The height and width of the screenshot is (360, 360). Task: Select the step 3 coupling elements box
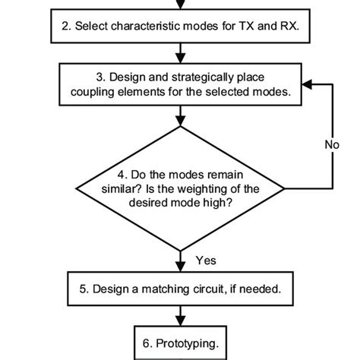(180, 84)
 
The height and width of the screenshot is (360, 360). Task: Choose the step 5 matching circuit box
(180, 289)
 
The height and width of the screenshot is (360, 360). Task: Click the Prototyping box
(180, 343)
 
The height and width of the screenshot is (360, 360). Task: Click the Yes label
(206, 260)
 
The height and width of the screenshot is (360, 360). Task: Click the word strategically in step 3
(202, 77)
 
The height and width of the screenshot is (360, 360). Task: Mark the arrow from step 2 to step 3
(180, 52)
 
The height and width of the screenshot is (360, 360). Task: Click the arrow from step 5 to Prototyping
(180, 315)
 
